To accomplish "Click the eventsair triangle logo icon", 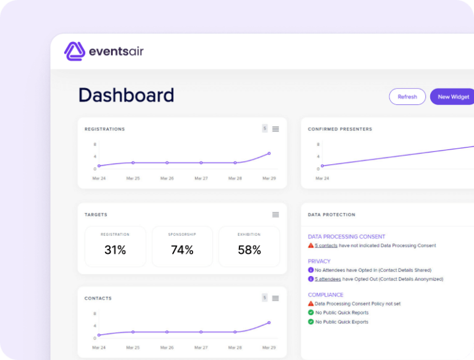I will click(x=75, y=51).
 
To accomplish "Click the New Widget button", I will click(x=452, y=97).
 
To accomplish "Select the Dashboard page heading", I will click(x=126, y=95).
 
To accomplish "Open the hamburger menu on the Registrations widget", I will click(x=275, y=129).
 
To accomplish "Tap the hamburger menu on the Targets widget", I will click(x=275, y=215).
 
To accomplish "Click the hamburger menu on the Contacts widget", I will click(x=275, y=298).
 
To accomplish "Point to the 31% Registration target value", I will click(x=115, y=250).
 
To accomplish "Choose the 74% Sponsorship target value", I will click(x=182, y=250).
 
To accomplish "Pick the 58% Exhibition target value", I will click(x=249, y=250).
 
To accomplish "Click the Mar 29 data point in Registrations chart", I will click(x=269, y=153).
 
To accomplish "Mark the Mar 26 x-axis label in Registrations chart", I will click(x=167, y=178).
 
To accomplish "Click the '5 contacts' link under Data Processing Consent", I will click(x=326, y=246).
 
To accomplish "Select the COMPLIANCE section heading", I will click(x=325, y=295).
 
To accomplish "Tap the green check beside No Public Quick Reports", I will click(x=311, y=312).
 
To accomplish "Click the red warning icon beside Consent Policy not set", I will click(x=311, y=304).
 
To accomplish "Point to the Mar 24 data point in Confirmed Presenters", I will click(x=322, y=165).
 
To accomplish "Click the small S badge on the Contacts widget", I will click(x=265, y=298).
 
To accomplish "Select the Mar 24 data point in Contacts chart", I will click(x=99, y=335).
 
